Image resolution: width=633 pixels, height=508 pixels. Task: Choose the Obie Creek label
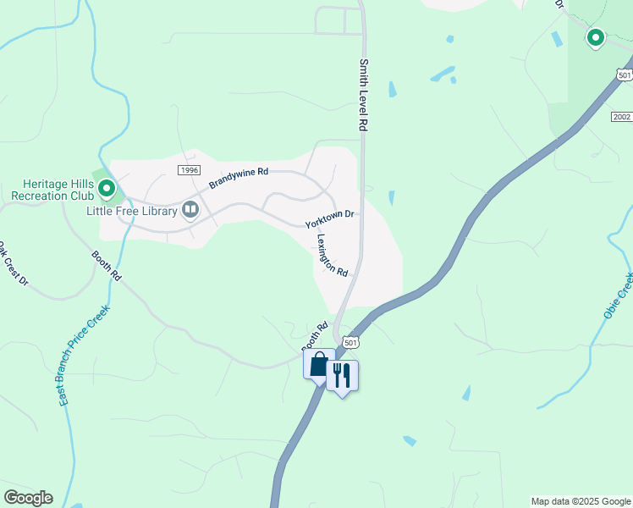tap(619, 296)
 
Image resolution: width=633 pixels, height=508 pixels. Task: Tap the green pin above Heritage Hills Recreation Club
tap(107, 185)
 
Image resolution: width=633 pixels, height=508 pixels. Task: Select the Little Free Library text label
tap(131, 211)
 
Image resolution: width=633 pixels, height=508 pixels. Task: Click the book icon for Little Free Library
tap(190, 208)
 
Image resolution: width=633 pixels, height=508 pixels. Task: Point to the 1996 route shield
tap(189, 170)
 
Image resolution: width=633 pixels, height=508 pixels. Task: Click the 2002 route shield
tap(620, 115)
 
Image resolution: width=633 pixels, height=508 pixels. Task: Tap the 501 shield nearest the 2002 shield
tap(624, 75)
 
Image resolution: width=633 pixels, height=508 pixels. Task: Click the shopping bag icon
tap(318, 366)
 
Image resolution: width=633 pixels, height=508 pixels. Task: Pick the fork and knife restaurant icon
tap(342, 375)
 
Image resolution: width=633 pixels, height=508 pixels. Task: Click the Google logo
tap(28, 498)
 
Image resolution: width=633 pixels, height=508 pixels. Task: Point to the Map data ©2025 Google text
tap(581, 501)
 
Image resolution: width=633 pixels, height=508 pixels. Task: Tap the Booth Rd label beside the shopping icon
tap(315, 336)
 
